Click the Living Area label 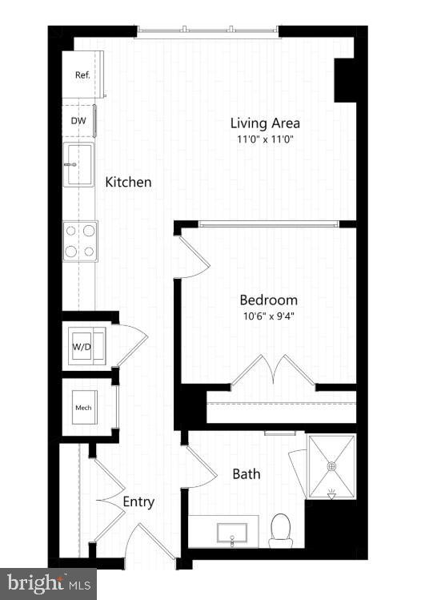[265, 123]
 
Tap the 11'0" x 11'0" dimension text [265, 139]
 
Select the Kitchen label [128, 182]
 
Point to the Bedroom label [269, 300]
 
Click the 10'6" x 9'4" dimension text [269, 315]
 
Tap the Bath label [246, 473]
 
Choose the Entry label [138, 502]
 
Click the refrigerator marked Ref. [82, 74]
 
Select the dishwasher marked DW [79, 121]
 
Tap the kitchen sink [79, 166]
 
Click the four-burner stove [80, 240]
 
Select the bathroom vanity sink [231, 534]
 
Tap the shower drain [331, 465]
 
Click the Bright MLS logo [48, 583]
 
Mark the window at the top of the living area [208, 30]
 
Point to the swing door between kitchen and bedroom [193, 256]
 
